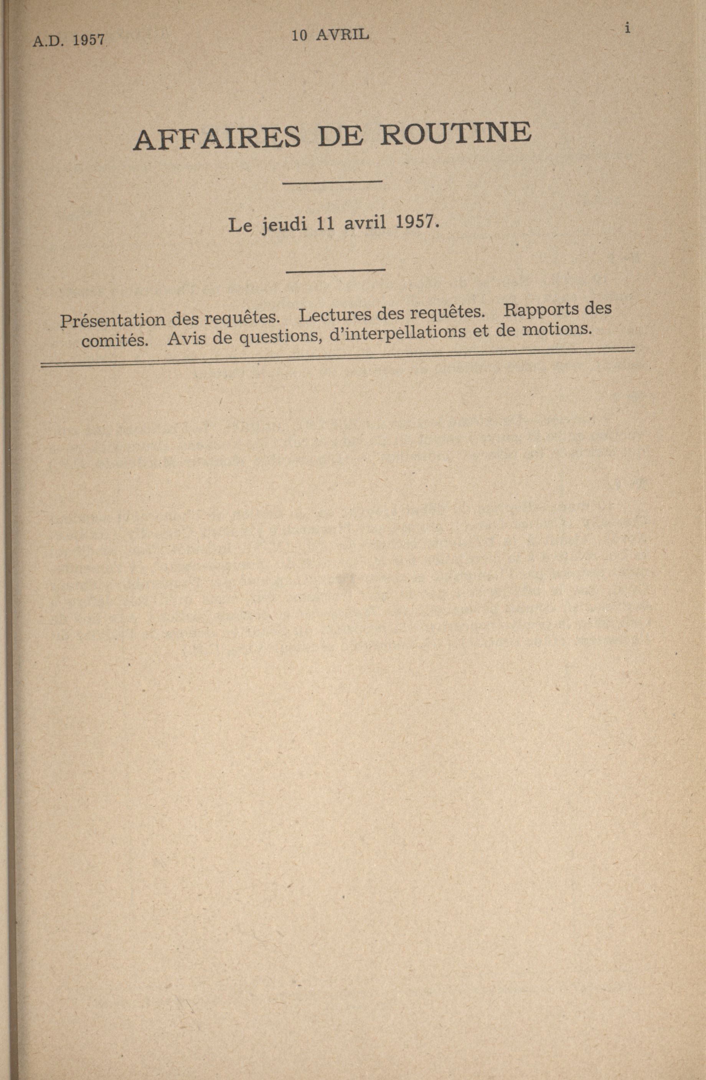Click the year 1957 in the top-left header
click(x=89, y=41)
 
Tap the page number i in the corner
click(x=627, y=29)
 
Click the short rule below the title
click(x=332, y=182)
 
